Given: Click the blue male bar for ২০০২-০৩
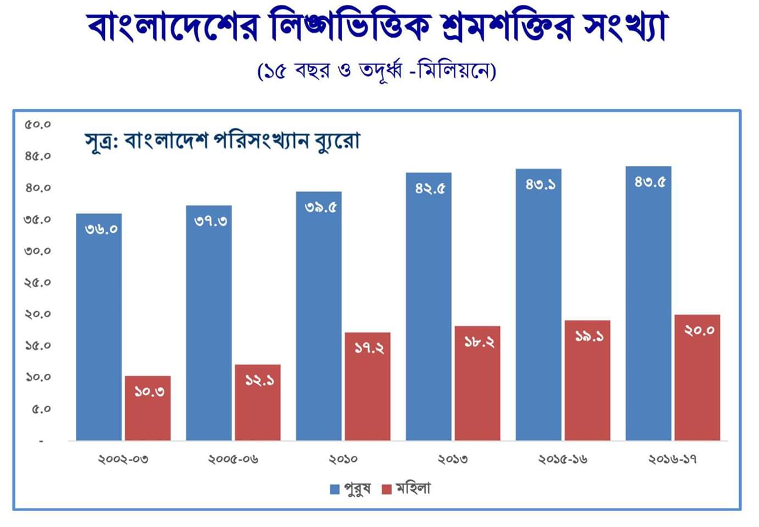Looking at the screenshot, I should pyautogui.click(x=99, y=329).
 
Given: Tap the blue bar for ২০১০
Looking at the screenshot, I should pyautogui.click(x=319, y=318).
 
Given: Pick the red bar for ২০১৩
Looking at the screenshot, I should pyautogui.click(x=477, y=384).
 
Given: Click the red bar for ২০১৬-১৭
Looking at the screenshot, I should pyautogui.click(x=697, y=379).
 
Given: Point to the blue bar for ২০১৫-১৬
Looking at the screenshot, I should pyautogui.click(x=538, y=307).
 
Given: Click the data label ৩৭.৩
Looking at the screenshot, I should pyautogui.click(x=211, y=221).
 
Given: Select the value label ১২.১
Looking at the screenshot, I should pyautogui.click(x=259, y=380).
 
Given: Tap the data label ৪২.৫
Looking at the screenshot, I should pyautogui.click(x=430, y=188).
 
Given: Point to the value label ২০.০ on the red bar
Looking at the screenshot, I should pyautogui.click(x=699, y=330).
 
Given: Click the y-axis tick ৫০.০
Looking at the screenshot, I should pyautogui.click(x=37, y=125).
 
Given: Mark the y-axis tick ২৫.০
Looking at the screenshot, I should pyautogui.click(x=37, y=283).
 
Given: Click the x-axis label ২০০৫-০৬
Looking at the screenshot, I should pyautogui.click(x=233, y=459).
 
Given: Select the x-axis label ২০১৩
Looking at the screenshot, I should pyautogui.click(x=453, y=459).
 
